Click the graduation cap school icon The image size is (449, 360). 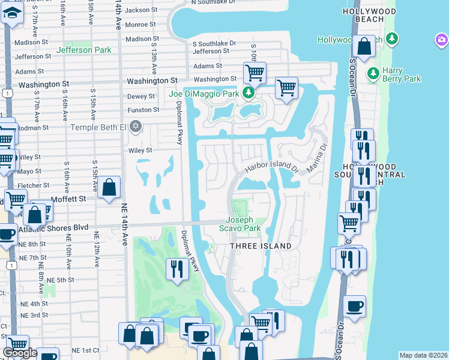[x=11, y=13]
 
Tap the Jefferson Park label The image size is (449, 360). [x=83, y=50]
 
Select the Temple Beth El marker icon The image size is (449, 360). [x=136, y=127]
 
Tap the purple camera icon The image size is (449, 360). [x=442, y=40]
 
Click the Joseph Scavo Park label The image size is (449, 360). [x=243, y=224]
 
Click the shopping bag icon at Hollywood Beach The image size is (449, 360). [x=364, y=46]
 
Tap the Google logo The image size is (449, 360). [x=20, y=352]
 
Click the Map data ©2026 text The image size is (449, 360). [x=424, y=355]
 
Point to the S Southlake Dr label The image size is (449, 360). [x=214, y=44]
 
